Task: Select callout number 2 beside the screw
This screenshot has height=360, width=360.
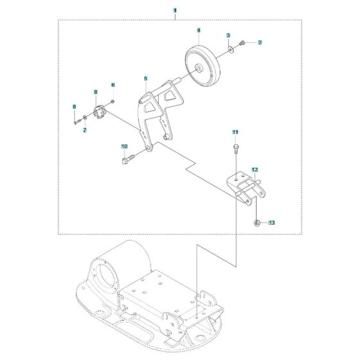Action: (260, 43)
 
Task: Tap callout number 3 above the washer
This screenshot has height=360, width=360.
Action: (228, 35)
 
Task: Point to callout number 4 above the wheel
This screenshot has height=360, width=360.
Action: (199, 30)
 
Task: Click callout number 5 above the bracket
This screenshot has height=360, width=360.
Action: (146, 79)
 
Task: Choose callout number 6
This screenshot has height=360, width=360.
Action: (113, 85)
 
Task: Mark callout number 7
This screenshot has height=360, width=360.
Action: (84, 130)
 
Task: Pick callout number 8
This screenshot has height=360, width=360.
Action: (74, 106)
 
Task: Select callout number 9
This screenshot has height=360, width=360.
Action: (95, 91)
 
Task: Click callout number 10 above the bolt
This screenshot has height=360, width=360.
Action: (125, 147)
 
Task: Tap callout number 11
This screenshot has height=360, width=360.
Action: (235, 132)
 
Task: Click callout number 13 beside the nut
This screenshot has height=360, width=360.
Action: (271, 223)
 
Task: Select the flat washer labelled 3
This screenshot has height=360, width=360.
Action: (230, 48)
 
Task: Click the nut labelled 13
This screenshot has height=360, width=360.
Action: (256, 223)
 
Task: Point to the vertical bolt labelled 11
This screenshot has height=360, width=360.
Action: (236, 148)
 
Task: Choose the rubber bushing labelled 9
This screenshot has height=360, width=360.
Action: (99, 113)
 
